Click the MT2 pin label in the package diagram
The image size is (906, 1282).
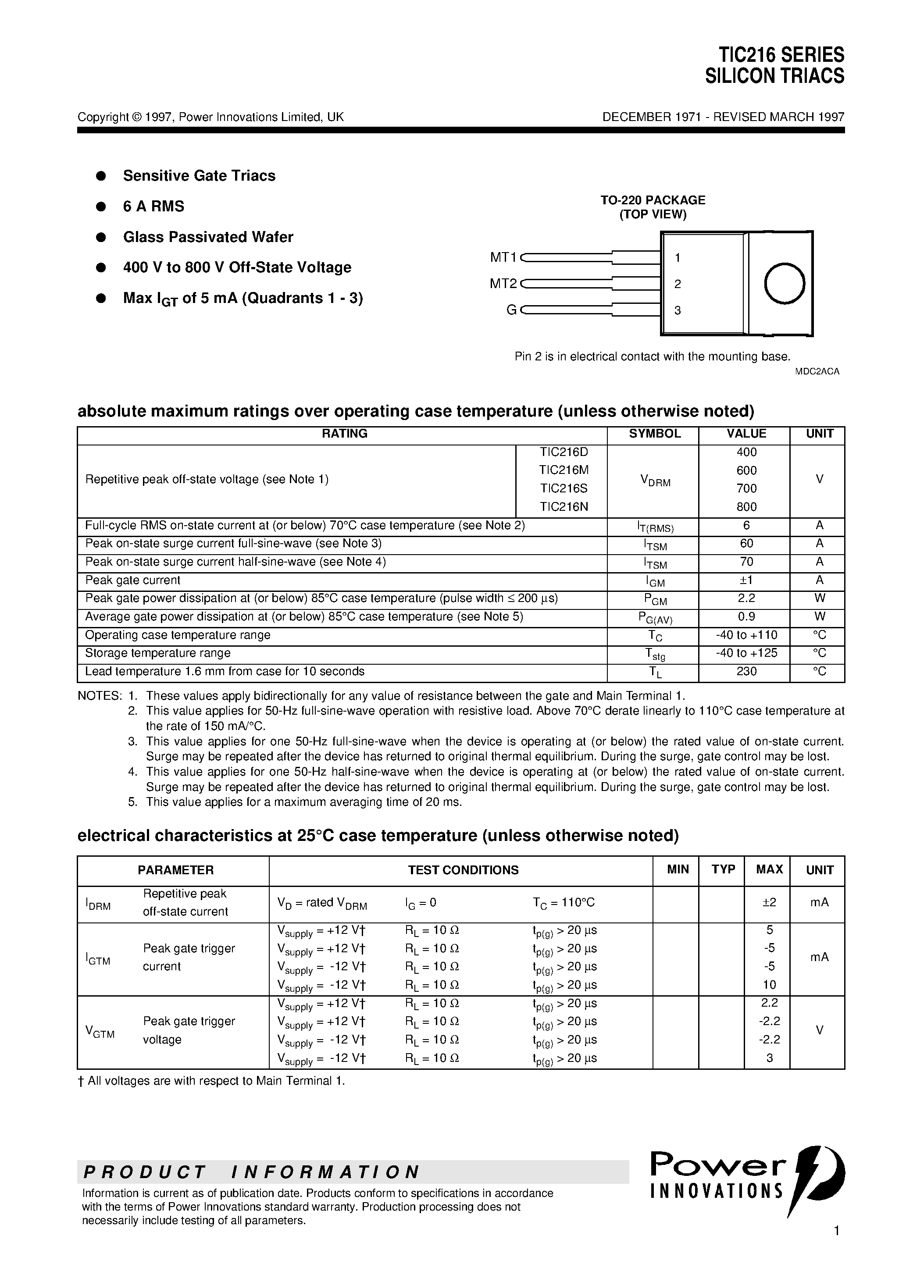click(x=503, y=284)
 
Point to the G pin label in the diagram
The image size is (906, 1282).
click(x=511, y=310)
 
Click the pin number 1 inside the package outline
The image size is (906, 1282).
click(x=678, y=257)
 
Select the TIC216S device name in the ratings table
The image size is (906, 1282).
click(x=564, y=488)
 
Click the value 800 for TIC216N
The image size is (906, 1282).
click(x=746, y=507)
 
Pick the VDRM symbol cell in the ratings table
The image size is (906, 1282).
click(x=655, y=480)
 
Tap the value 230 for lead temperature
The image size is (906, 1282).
click(x=746, y=672)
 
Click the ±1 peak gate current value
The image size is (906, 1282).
click(x=746, y=580)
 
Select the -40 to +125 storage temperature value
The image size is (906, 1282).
click(x=746, y=653)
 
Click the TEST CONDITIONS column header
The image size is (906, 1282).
click(x=463, y=870)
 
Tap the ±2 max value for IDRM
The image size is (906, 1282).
click(x=769, y=902)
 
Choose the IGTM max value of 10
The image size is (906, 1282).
click(x=769, y=984)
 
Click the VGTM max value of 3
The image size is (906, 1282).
click(x=769, y=1058)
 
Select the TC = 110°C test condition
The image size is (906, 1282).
click(x=563, y=902)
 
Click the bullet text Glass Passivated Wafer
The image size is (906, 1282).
click(x=208, y=237)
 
